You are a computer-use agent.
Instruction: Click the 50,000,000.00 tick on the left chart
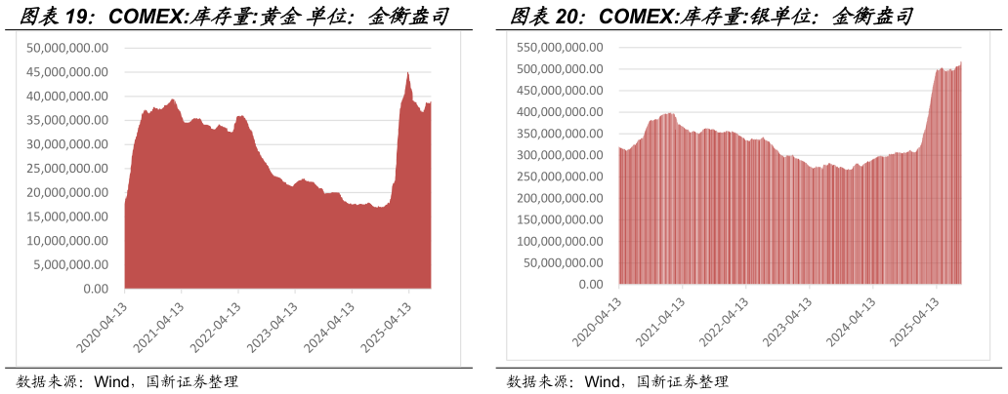68,48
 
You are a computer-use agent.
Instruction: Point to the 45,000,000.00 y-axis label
68,72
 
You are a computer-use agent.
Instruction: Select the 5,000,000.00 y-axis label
72,264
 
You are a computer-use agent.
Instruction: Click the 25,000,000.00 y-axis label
68,168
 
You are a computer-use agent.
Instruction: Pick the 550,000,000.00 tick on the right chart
559,47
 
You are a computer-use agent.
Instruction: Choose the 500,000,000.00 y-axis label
559,68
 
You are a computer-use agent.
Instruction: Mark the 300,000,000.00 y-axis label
559,155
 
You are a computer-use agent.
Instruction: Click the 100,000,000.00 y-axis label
559,241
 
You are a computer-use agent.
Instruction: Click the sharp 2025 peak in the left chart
408,72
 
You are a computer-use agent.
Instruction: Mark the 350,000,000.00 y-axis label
559,134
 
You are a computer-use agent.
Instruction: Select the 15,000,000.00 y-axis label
68,217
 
